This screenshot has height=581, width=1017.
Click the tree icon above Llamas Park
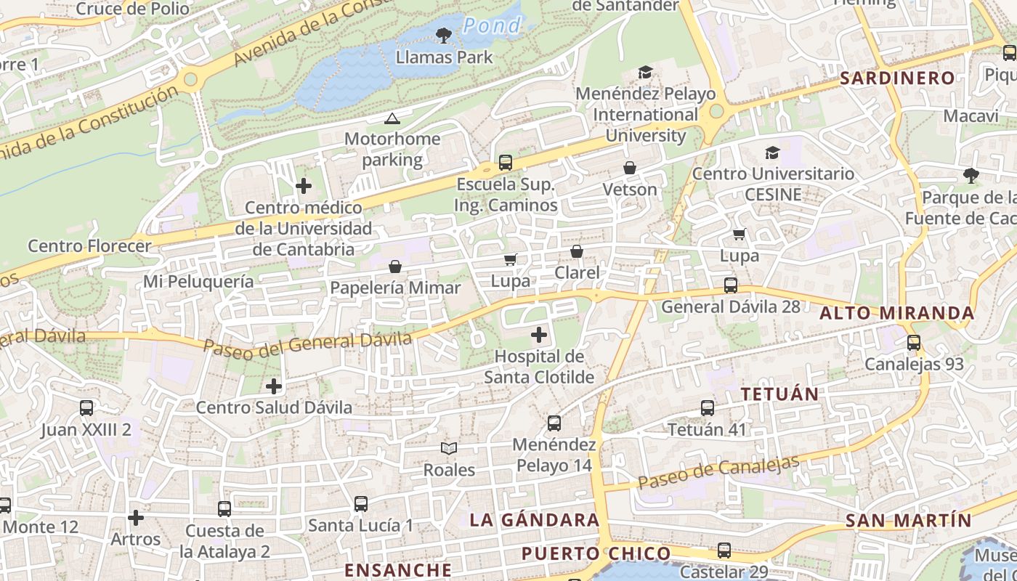[x=443, y=34]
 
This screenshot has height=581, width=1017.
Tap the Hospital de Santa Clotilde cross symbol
[x=538, y=335]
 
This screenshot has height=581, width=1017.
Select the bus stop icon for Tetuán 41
[x=708, y=408]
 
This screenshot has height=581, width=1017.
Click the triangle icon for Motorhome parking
[x=392, y=118]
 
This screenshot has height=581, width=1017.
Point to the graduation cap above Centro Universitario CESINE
[x=772, y=153]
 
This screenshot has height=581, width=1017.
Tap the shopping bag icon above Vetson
[x=630, y=168]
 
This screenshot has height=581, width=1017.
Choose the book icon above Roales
[x=449, y=449]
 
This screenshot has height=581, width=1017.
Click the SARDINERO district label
[x=897, y=78]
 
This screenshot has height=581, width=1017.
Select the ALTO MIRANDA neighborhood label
[x=896, y=313]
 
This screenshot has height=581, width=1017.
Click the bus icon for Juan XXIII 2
[x=86, y=408]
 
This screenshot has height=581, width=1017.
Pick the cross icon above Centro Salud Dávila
[x=274, y=386]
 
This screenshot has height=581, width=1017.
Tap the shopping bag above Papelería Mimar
[x=395, y=267]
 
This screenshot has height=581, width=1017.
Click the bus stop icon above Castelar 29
[x=724, y=550]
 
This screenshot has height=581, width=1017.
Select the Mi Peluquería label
[x=198, y=281]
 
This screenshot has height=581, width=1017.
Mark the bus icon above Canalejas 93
[x=914, y=343]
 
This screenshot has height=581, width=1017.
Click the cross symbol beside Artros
[x=136, y=518]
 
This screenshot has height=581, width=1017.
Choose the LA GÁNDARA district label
[x=534, y=520]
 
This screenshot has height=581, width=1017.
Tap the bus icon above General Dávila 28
[x=731, y=285]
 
